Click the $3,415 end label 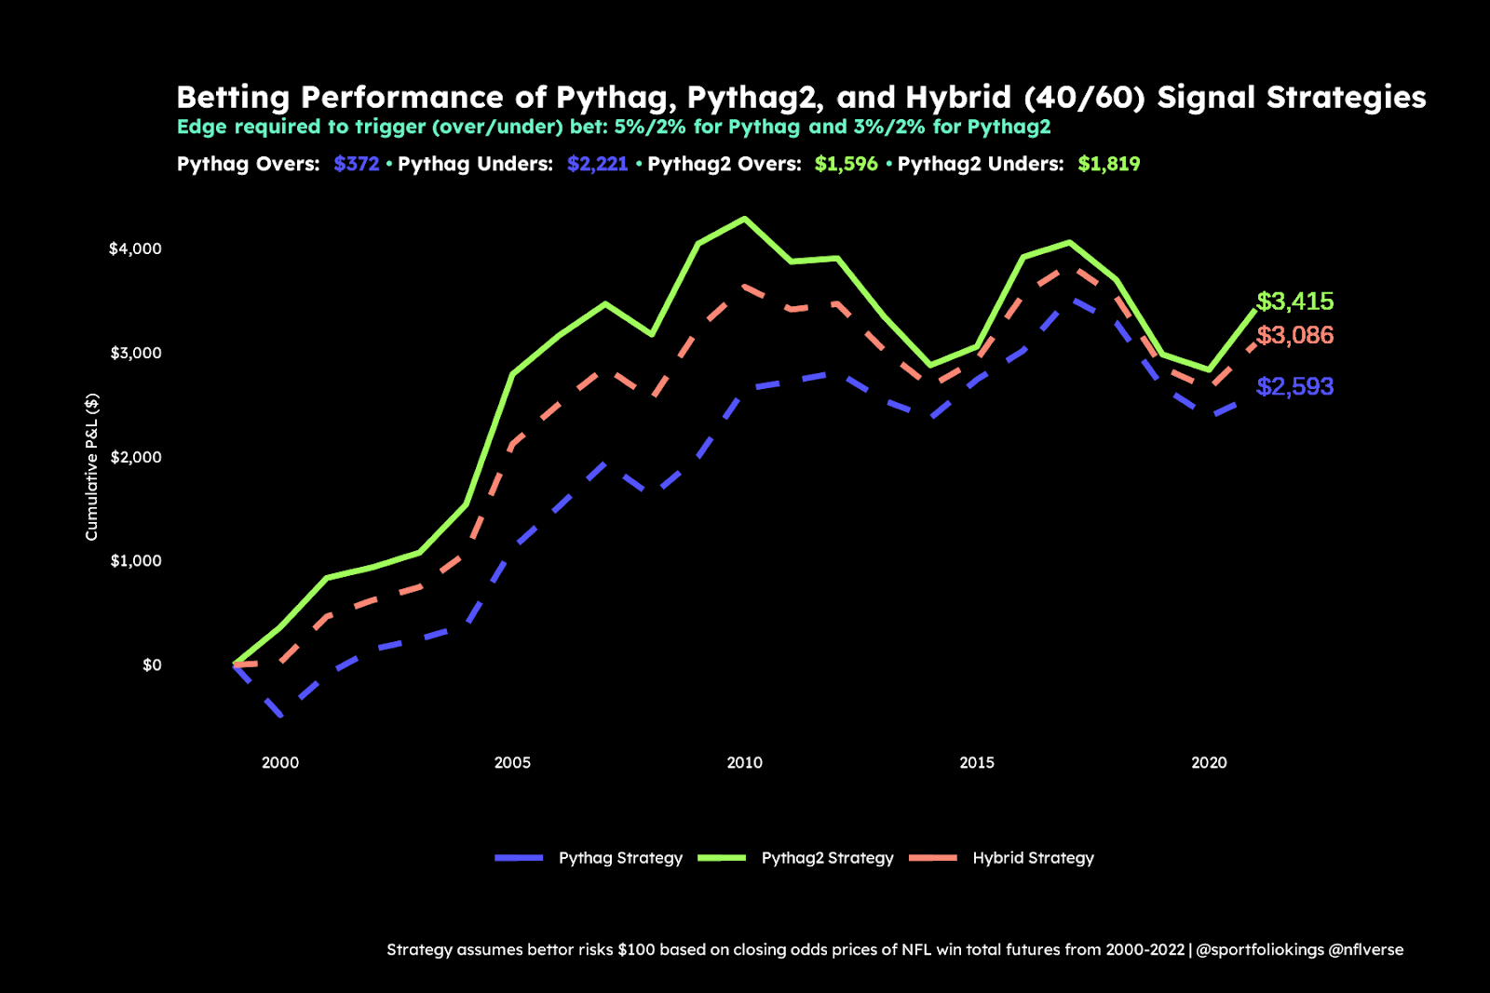click(1294, 302)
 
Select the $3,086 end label click(1294, 335)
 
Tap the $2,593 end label click(1294, 386)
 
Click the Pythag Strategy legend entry click(619, 858)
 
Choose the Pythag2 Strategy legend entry click(827, 858)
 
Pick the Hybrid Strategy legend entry click(1033, 858)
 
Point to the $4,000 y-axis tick click(135, 248)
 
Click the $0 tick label click(152, 664)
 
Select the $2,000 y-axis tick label click(135, 457)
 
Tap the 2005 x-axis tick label click(512, 763)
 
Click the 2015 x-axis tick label click(977, 763)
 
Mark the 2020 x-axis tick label click(1209, 763)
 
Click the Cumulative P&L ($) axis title click(91, 466)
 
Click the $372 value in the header click(357, 165)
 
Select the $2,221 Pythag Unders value click(597, 165)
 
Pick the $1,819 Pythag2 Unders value click(1108, 165)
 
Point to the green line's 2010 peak click(744, 219)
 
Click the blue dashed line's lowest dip click(280, 716)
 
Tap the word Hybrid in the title click(958, 98)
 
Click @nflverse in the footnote click(1366, 950)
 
